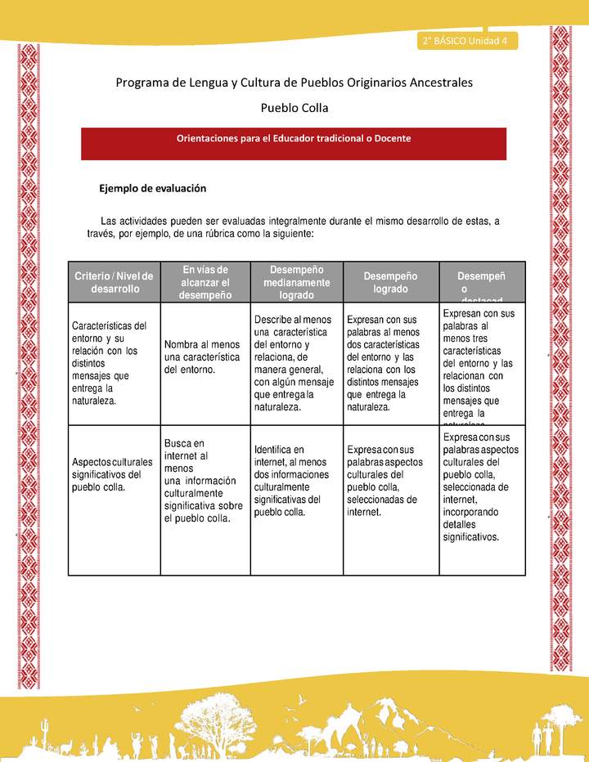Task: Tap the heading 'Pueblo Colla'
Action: (x=294, y=108)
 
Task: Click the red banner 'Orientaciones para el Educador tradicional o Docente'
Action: (x=294, y=139)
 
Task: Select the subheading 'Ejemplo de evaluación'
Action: (x=152, y=188)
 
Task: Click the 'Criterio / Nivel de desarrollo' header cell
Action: (x=115, y=283)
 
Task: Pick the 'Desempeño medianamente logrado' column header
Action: (x=297, y=282)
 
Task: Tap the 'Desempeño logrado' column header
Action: (x=390, y=282)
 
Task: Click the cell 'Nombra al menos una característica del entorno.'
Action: (x=202, y=359)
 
